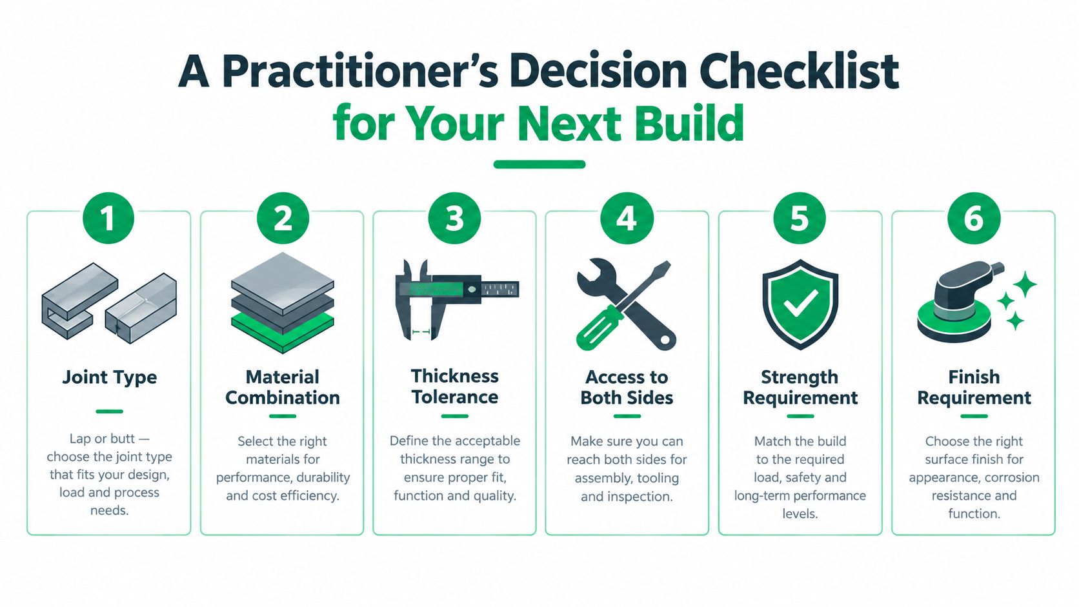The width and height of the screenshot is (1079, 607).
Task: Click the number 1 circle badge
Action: [108, 218]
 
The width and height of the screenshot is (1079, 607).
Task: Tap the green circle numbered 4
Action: [627, 218]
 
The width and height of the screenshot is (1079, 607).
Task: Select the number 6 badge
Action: [974, 218]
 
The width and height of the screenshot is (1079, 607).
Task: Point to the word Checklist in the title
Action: [799, 71]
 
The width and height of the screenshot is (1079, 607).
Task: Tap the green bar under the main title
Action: [539, 164]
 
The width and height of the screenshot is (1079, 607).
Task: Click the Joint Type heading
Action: [109, 377]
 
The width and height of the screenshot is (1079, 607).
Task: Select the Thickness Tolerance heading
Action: [455, 386]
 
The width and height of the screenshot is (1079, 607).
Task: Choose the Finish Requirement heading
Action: [974, 388]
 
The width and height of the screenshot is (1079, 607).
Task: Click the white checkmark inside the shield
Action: [800, 303]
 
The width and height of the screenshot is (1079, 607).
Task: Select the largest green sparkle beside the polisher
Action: [1025, 284]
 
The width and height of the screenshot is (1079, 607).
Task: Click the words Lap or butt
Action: [102, 439]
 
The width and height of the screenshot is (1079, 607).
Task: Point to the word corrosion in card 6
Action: [1012, 477]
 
